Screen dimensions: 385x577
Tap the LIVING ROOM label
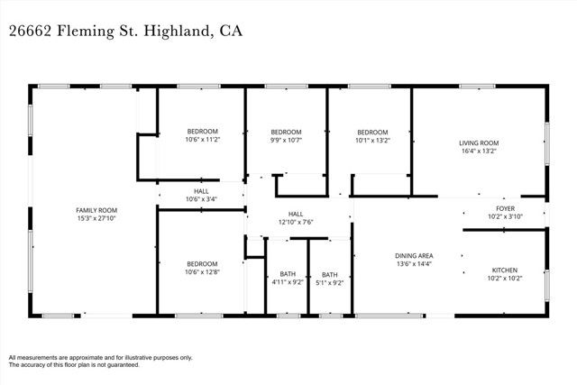[x=479, y=142]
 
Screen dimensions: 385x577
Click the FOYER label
[x=506, y=207]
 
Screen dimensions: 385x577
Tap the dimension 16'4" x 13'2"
[x=479, y=151]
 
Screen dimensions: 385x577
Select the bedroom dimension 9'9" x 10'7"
[x=286, y=140]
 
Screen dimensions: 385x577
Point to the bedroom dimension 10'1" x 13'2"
[x=371, y=140]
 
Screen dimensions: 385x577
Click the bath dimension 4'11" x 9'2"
[x=288, y=282]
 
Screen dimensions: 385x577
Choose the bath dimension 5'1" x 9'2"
[x=330, y=282]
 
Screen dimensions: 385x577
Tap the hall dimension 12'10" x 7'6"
[x=296, y=222]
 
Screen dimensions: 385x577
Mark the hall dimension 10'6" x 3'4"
[x=201, y=198]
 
